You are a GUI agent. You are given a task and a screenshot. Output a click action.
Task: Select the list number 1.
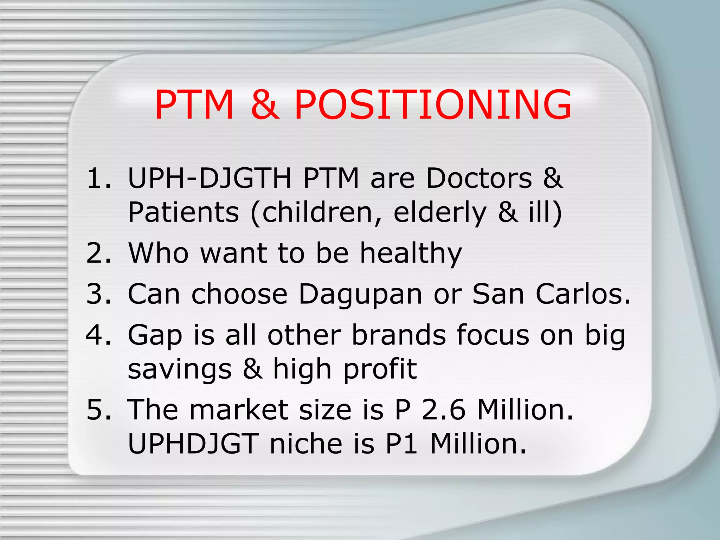97,178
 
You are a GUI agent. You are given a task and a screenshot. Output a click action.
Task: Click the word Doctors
479,178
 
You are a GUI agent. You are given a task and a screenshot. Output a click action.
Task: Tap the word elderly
440,213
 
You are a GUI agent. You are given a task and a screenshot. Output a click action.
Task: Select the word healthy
411,253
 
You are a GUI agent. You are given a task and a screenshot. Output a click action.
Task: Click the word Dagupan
360,295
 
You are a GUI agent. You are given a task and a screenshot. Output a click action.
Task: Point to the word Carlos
583,294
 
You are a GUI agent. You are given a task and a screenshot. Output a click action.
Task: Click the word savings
180,370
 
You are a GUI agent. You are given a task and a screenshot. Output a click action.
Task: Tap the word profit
380,370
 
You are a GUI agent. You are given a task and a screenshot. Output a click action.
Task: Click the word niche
306,444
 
